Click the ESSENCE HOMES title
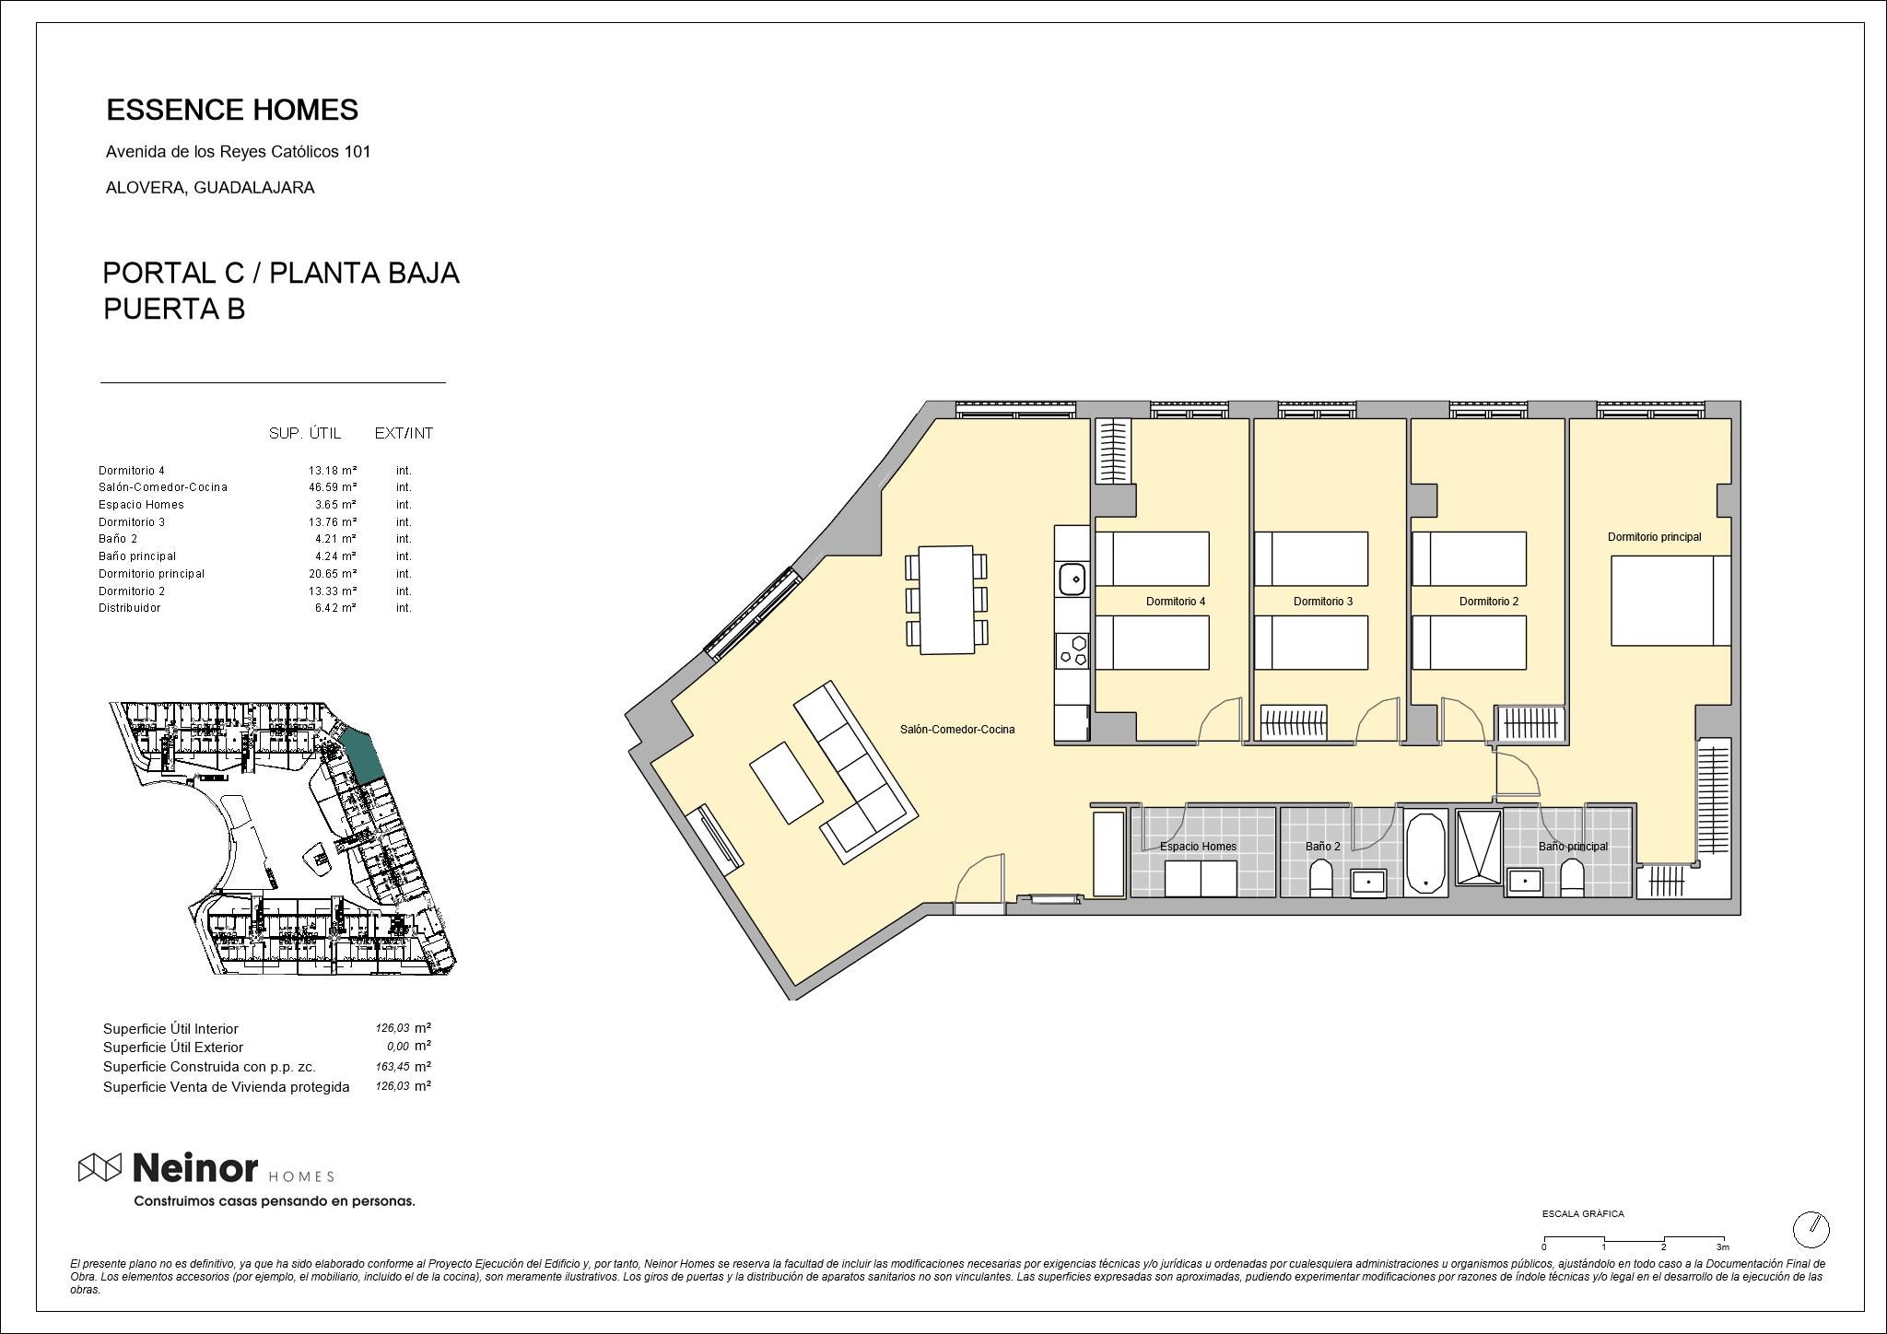pyautogui.click(x=232, y=110)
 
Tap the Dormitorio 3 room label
pyautogui.click(x=1323, y=602)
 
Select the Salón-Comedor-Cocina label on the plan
pyautogui.click(x=957, y=730)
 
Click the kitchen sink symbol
pyautogui.click(x=1072, y=579)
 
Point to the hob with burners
pyautogui.click(x=1072, y=649)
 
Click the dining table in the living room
pyautogui.click(x=946, y=600)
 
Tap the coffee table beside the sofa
pyautogui.click(x=786, y=782)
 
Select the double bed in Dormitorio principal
pyautogui.click(x=1670, y=601)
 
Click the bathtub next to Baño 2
pyautogui.click(x=1426, y=852)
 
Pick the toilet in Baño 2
pyautogui.click(x=1320, y=879)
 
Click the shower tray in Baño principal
pyautogui.click(x=1478, y=848)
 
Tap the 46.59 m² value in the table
pyautogui.click(x=332, y=487)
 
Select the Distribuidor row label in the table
pyautogui.click(x=130, y=608)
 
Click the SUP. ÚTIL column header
pyautogui.click(x=305, y=433)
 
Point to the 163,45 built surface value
pyautogui.click(x=390, y=1067)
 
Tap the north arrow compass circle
pyautogui.click(x=1811, y=1229)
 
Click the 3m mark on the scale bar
pyautogui.click(x=1722, y=1246)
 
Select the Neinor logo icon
pyautogui.click(x=100, y=1167)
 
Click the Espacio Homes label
pyautogui.click(x=1198, y=847)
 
